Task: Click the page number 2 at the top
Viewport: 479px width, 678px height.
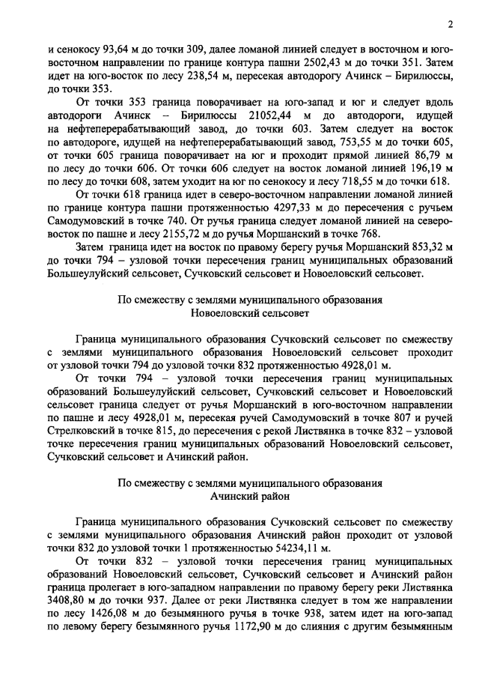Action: [x=451, y=23]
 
